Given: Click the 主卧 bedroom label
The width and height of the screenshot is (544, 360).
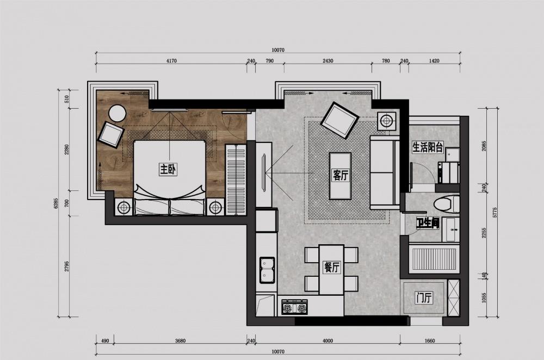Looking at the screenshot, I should point(168,170).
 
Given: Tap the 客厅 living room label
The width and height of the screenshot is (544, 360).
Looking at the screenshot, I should point(340,175).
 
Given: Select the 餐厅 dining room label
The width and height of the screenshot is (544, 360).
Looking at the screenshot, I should point(331,267).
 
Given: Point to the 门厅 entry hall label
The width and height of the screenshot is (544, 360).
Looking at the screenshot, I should point(423,298).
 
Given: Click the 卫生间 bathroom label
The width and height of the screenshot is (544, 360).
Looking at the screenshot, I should point(427,222).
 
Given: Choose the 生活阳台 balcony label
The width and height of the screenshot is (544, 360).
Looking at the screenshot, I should point(428,147).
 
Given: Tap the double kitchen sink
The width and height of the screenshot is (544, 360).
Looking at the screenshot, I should point(267,270).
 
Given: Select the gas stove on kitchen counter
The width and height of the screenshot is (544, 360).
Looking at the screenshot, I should point(294,308).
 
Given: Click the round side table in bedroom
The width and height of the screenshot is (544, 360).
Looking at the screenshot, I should point(118,113).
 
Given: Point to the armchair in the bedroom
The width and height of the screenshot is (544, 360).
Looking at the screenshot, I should point(112,134).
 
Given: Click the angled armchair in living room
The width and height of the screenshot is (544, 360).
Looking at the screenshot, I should point(339,120).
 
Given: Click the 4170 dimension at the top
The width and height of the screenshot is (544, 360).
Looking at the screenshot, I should point(171,61).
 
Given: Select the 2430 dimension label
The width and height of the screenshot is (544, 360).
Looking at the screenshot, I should point(327,61).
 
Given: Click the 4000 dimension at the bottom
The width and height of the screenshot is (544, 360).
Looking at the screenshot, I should point(327,342).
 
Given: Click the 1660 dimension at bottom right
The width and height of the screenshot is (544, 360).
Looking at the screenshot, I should point(430,342).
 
